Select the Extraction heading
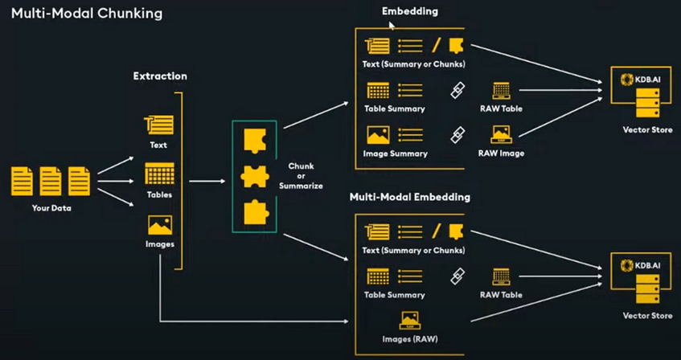160,76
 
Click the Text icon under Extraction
158,124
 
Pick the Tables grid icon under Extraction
159,174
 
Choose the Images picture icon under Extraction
159,225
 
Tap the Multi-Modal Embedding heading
410,197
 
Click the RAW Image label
502,153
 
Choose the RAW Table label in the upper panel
501,108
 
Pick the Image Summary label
394,153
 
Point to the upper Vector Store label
642,129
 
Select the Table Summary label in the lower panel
394,295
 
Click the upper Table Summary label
394,108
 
